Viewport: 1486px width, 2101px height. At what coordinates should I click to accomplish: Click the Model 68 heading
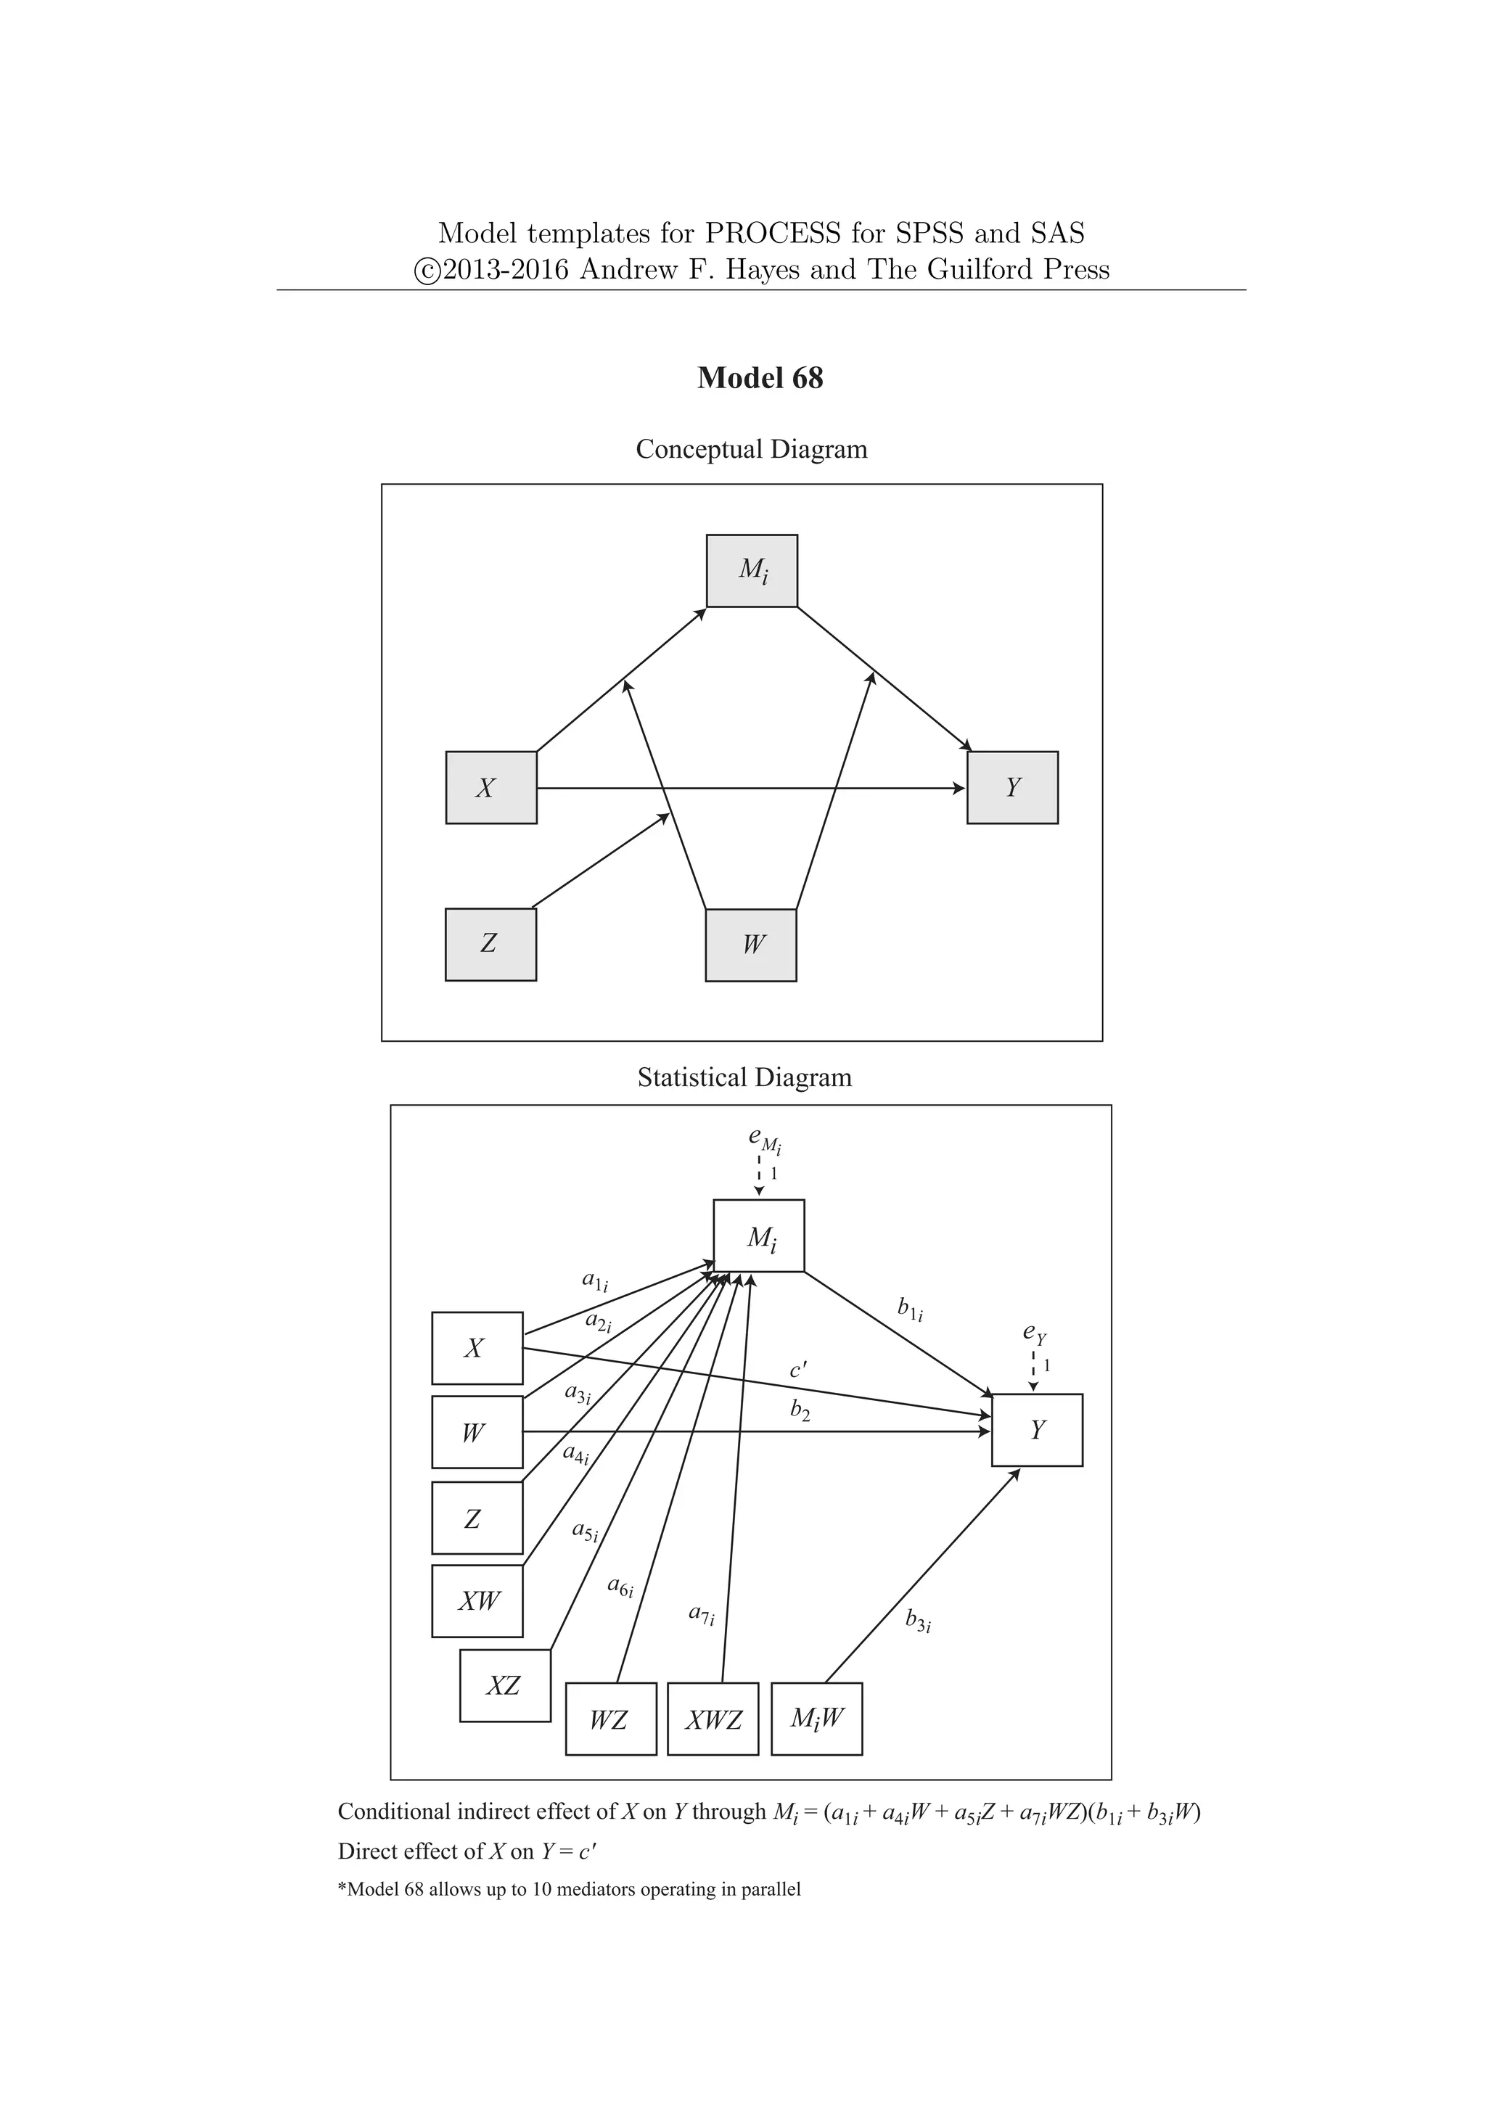click(x=760, y=378)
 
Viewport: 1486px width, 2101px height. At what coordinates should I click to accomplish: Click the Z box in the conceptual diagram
click(x=490, y=945)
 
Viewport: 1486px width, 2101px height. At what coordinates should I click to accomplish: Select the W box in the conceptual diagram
click(x=750, y=945)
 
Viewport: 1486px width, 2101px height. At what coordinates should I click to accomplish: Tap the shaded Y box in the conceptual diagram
click(x=1012, y=788)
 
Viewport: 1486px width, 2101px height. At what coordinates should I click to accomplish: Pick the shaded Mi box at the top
click(x=751, y=571)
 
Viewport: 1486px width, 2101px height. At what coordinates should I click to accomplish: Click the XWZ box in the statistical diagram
click(x=713, y=1719)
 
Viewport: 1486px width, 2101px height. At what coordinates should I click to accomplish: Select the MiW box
click(x=816, y=1719)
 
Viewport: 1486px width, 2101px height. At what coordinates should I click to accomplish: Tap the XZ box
click(x=505, y=1685)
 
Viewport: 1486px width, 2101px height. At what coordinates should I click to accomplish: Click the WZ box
click(x=610, y=1719)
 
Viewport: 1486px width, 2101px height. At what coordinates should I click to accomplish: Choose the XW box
click(x=477, y=1601)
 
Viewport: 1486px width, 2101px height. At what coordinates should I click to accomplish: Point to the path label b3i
click(x=918, y=1622)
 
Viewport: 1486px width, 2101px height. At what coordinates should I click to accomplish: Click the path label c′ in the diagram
click(x=798, y=1370)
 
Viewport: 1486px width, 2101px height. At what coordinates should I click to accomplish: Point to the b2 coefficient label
click(x=800, y=1411)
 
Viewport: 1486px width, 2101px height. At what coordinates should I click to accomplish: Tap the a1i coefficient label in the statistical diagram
click(x=595, y=1281)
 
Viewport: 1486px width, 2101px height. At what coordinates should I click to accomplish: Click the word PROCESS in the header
click(x=771, y=234)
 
